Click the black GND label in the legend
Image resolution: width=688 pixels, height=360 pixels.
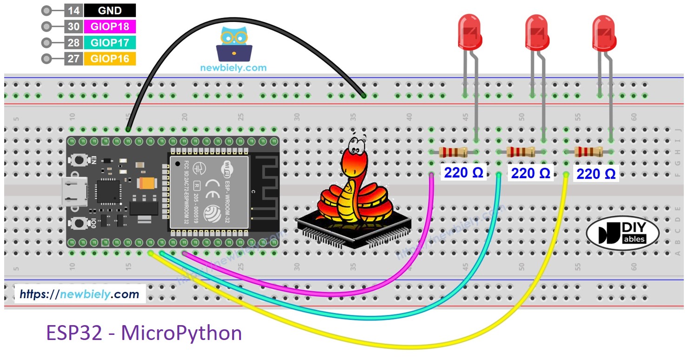tap(110, 11)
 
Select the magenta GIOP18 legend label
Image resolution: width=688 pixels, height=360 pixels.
tap(110, 27)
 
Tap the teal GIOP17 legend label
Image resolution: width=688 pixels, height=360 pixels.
tap(110, 43)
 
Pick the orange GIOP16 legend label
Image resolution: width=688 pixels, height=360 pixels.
tap(110, 59)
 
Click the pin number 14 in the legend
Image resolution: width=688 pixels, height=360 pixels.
tap(73, 11)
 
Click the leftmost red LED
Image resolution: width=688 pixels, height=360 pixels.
tap(469, 32)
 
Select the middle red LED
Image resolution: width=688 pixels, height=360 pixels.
tap(536, 32)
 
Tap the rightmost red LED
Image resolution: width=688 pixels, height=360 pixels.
tap(604, 32)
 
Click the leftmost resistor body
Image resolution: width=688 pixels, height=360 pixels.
tap(453, 152)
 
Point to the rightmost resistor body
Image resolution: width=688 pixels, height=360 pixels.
tap(588, 152)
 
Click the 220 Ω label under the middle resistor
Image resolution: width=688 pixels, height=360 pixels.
tap(530, 173)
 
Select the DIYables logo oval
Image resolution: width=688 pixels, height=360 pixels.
tap(623, 233)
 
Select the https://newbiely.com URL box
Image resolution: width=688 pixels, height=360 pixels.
tap(80, 294)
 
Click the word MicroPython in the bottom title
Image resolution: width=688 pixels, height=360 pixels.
tap(181, 334)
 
